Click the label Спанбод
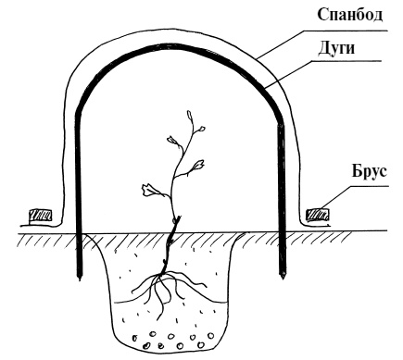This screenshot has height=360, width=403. pyautogui.click(x=350, y=15)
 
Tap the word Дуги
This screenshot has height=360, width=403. pyautogui.click(x=336, y=49)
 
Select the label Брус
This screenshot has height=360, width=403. pyautogui.click(x=369, y=171)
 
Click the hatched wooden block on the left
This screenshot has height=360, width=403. pyautogui.click(x=40, y=216)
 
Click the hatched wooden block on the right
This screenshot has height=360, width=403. pyautogui.click(x=317, y=215)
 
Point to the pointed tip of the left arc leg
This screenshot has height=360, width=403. pyautogui.click(x=80, y=279)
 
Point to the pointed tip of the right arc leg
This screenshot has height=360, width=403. pyautogui.click(x=282, y=279)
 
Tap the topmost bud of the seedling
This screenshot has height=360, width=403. pyautogui.click(x=189, y=115)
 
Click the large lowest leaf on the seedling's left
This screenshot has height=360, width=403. pyautogui.click(x=150, y=191)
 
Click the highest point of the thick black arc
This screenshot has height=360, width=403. pyautogui.click(x=178, y=46)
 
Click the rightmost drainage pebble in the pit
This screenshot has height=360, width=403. pyautogui.click(x=211, y=335)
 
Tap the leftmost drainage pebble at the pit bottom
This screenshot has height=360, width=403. pyautogui.click(x=135, y=339)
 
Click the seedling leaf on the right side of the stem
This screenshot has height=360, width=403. pyautogui.click(x=198, y=165)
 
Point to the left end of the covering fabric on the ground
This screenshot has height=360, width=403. pyautogui.click(x=20, y=226)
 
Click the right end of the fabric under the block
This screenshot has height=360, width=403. pyautogui.click(x=331, y=225)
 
